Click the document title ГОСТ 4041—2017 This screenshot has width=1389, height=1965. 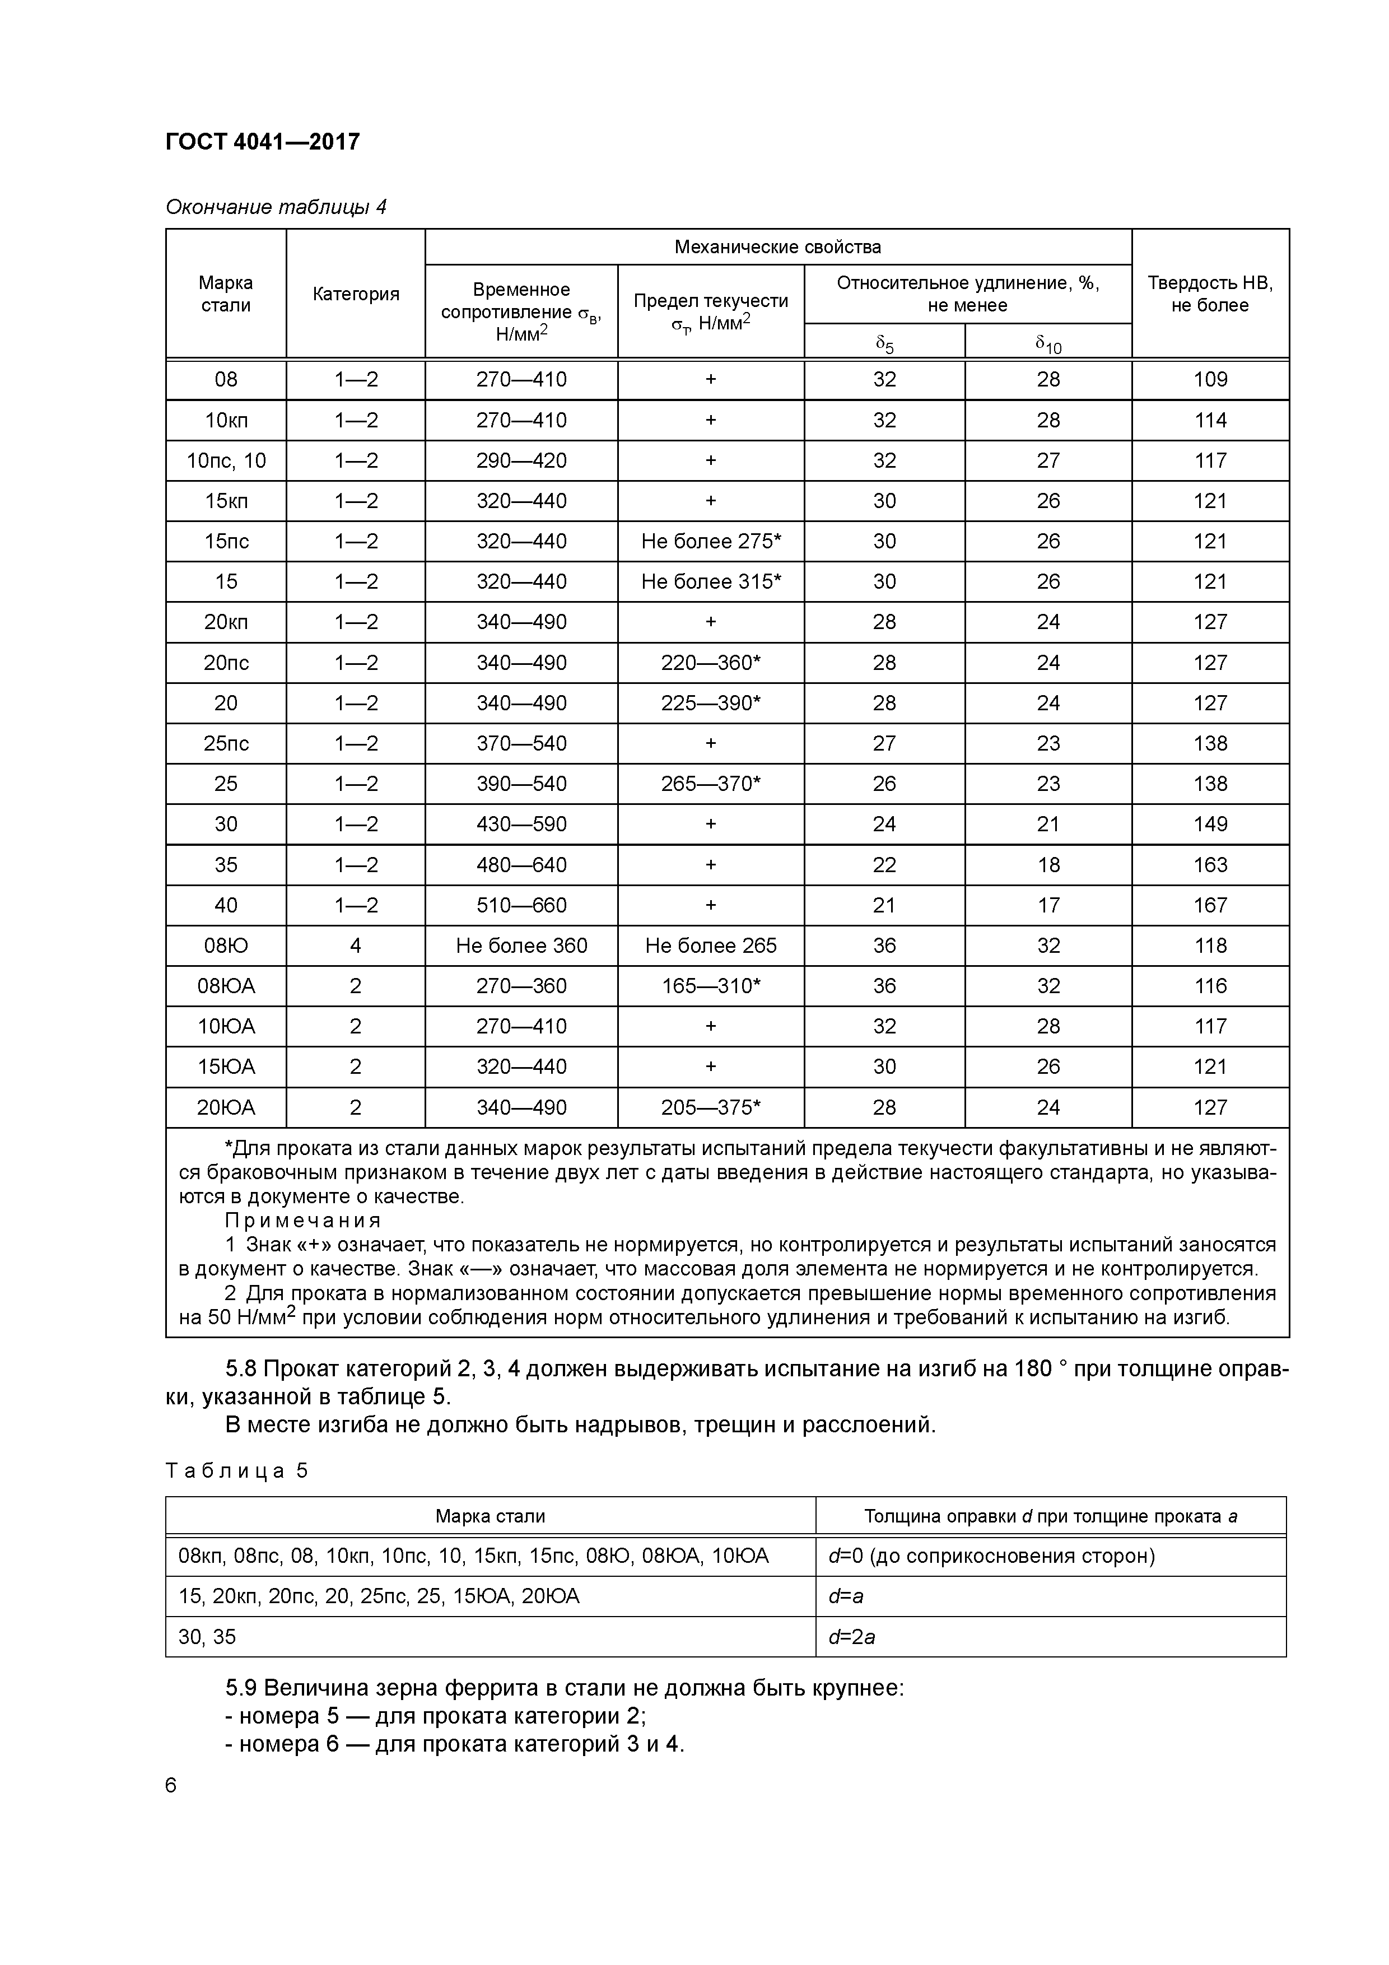[262, 141]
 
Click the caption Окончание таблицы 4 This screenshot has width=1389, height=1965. [276, 207]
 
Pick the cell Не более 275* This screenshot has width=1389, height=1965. [710, 541]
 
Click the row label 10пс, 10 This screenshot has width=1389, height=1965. [226, 460]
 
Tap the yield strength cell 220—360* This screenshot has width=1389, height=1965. [710, 663]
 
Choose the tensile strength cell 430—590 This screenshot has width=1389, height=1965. [521, 824]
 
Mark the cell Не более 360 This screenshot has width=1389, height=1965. [521, 946]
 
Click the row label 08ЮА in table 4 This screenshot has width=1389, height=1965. [226, 986]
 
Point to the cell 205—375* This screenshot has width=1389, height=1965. [710, 1107]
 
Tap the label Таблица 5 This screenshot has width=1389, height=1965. [236, 1471]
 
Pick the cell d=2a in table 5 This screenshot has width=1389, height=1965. [851, 1637]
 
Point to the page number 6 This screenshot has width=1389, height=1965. [171, 1785]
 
